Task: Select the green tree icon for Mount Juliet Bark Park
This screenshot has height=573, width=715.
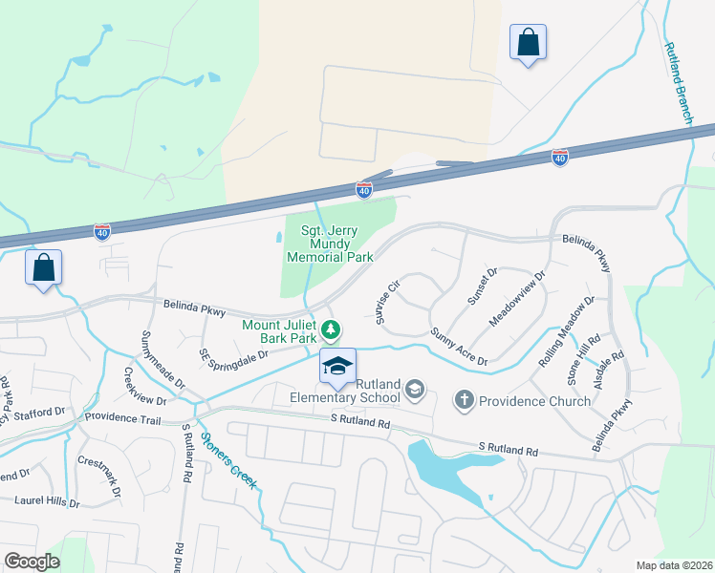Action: pos(331,330)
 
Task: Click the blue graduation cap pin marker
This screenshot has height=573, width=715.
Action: pos(337,367)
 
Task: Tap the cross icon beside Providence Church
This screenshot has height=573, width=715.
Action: pos(465,400)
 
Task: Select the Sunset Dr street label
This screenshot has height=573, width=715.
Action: pos(482,286)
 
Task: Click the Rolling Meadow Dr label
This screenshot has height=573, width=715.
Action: pos(566,325)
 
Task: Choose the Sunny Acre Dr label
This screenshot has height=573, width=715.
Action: pos(459,348)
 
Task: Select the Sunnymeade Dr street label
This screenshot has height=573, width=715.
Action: pos(162,357)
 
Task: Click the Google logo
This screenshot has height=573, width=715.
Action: pos(32,562)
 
